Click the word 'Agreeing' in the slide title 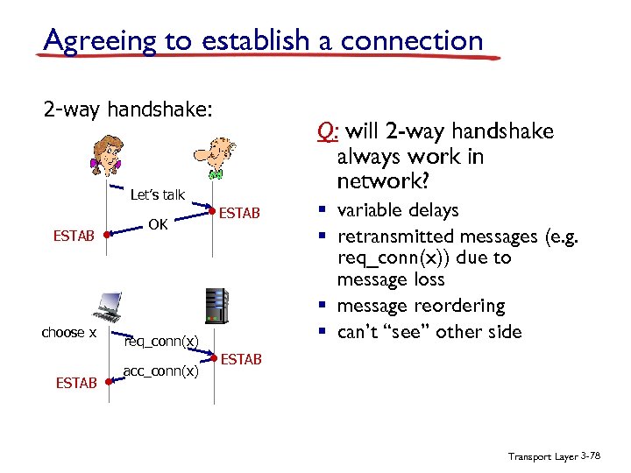(96, 40)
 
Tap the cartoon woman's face (108, 154)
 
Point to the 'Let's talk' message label (157, 194)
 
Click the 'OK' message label (158, 225)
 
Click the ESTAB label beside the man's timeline (239, 212)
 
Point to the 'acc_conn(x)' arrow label (160, 371)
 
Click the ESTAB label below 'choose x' (76, 383)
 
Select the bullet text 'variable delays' (397, 210)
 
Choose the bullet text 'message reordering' (421, 306)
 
